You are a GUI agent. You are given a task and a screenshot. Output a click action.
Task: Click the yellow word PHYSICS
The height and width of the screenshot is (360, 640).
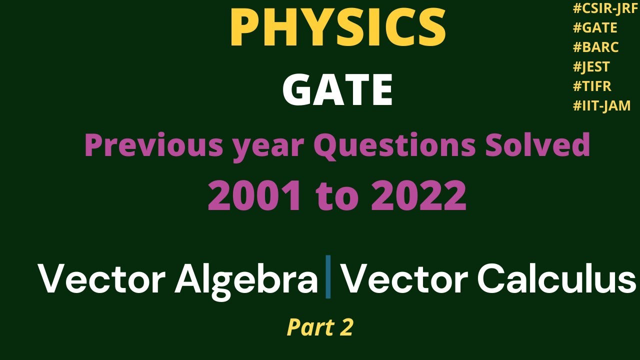point(337,29)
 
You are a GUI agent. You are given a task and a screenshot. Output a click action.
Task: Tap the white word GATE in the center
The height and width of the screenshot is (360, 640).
point(337,90)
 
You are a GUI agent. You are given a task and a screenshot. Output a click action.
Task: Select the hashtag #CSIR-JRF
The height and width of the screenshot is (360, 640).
point(605,8)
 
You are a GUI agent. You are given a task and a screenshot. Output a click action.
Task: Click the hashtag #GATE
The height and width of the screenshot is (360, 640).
point(595,28)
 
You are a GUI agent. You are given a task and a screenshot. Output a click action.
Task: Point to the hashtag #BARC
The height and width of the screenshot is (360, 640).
point(595,47)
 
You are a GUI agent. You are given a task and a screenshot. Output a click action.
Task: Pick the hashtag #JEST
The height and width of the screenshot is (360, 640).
point(591,67)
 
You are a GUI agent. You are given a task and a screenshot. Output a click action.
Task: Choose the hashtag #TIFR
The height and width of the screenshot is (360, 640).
point(592,86)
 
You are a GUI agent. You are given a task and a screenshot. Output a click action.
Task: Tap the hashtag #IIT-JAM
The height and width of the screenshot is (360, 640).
point(601,105)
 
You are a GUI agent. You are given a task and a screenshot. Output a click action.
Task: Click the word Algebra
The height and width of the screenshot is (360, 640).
point(246,278)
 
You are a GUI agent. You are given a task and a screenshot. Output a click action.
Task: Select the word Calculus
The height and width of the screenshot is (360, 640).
point(556,278)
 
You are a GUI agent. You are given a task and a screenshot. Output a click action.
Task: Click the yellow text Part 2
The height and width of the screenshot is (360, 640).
point(320,327)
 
